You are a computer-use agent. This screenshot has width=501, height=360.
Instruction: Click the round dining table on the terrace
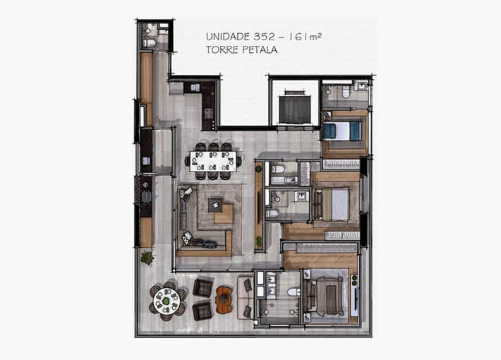pyautogui.click(x=167, y=299)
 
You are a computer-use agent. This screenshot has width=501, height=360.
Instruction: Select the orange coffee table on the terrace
pyautogui.click(x=224, y=299)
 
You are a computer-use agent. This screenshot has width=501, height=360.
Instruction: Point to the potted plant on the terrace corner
pyautogui.click(x=147, y=258)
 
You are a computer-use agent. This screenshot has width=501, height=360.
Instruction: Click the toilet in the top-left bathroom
pyautogui.click(x=149, y=43)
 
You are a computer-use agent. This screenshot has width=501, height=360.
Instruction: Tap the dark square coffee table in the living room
pyautogui.click(x=215, y=204)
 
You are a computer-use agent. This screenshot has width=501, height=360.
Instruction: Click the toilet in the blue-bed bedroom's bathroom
pyautogui.click(x=346, y=93)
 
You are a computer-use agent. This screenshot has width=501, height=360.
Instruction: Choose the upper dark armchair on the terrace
pyautogui.click(x=203, y=287)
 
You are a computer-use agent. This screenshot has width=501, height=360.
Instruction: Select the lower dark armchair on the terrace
pyautogui.click(x=202, y=311)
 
